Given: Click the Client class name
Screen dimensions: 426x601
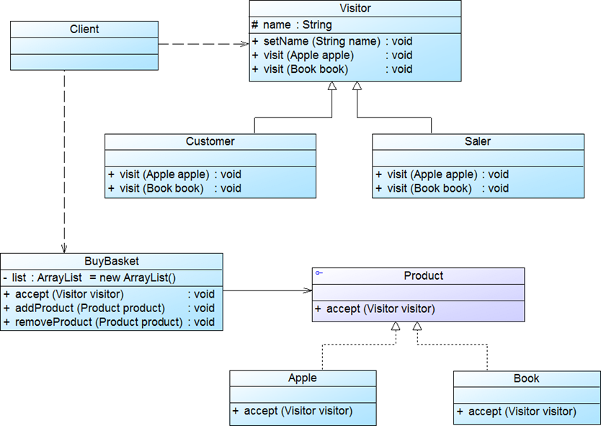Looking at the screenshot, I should click(84, 30).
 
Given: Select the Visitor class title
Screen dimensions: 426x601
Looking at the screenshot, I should click(355, 9).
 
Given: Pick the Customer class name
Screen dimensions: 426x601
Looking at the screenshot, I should click(210, 141).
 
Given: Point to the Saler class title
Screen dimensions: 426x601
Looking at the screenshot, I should click(478, 141).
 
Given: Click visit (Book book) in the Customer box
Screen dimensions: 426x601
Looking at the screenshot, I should click(174, 188).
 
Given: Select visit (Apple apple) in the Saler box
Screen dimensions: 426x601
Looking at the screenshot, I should click(442, 174).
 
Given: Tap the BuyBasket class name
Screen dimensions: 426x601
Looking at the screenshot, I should click(112, 261).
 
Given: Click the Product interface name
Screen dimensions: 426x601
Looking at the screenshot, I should click(424, 275).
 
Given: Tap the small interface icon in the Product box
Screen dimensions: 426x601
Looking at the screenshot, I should click(319, 273).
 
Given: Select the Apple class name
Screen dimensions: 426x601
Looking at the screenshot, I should click(303, 378).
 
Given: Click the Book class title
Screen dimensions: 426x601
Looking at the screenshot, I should click(527, 378).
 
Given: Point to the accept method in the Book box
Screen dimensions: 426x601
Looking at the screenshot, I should click(517, 412).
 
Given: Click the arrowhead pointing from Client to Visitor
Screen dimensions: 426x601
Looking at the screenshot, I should click(245, 44).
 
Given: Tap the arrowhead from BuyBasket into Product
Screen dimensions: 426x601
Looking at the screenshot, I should click(308, 291).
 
